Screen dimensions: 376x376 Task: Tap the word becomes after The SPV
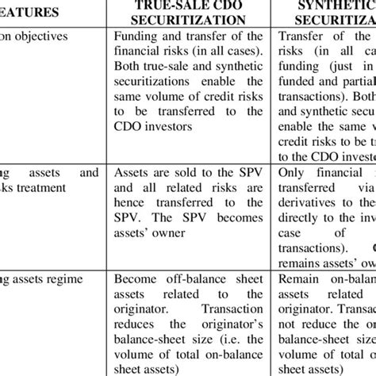[240, 215]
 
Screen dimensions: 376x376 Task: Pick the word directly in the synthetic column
[301, 215]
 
